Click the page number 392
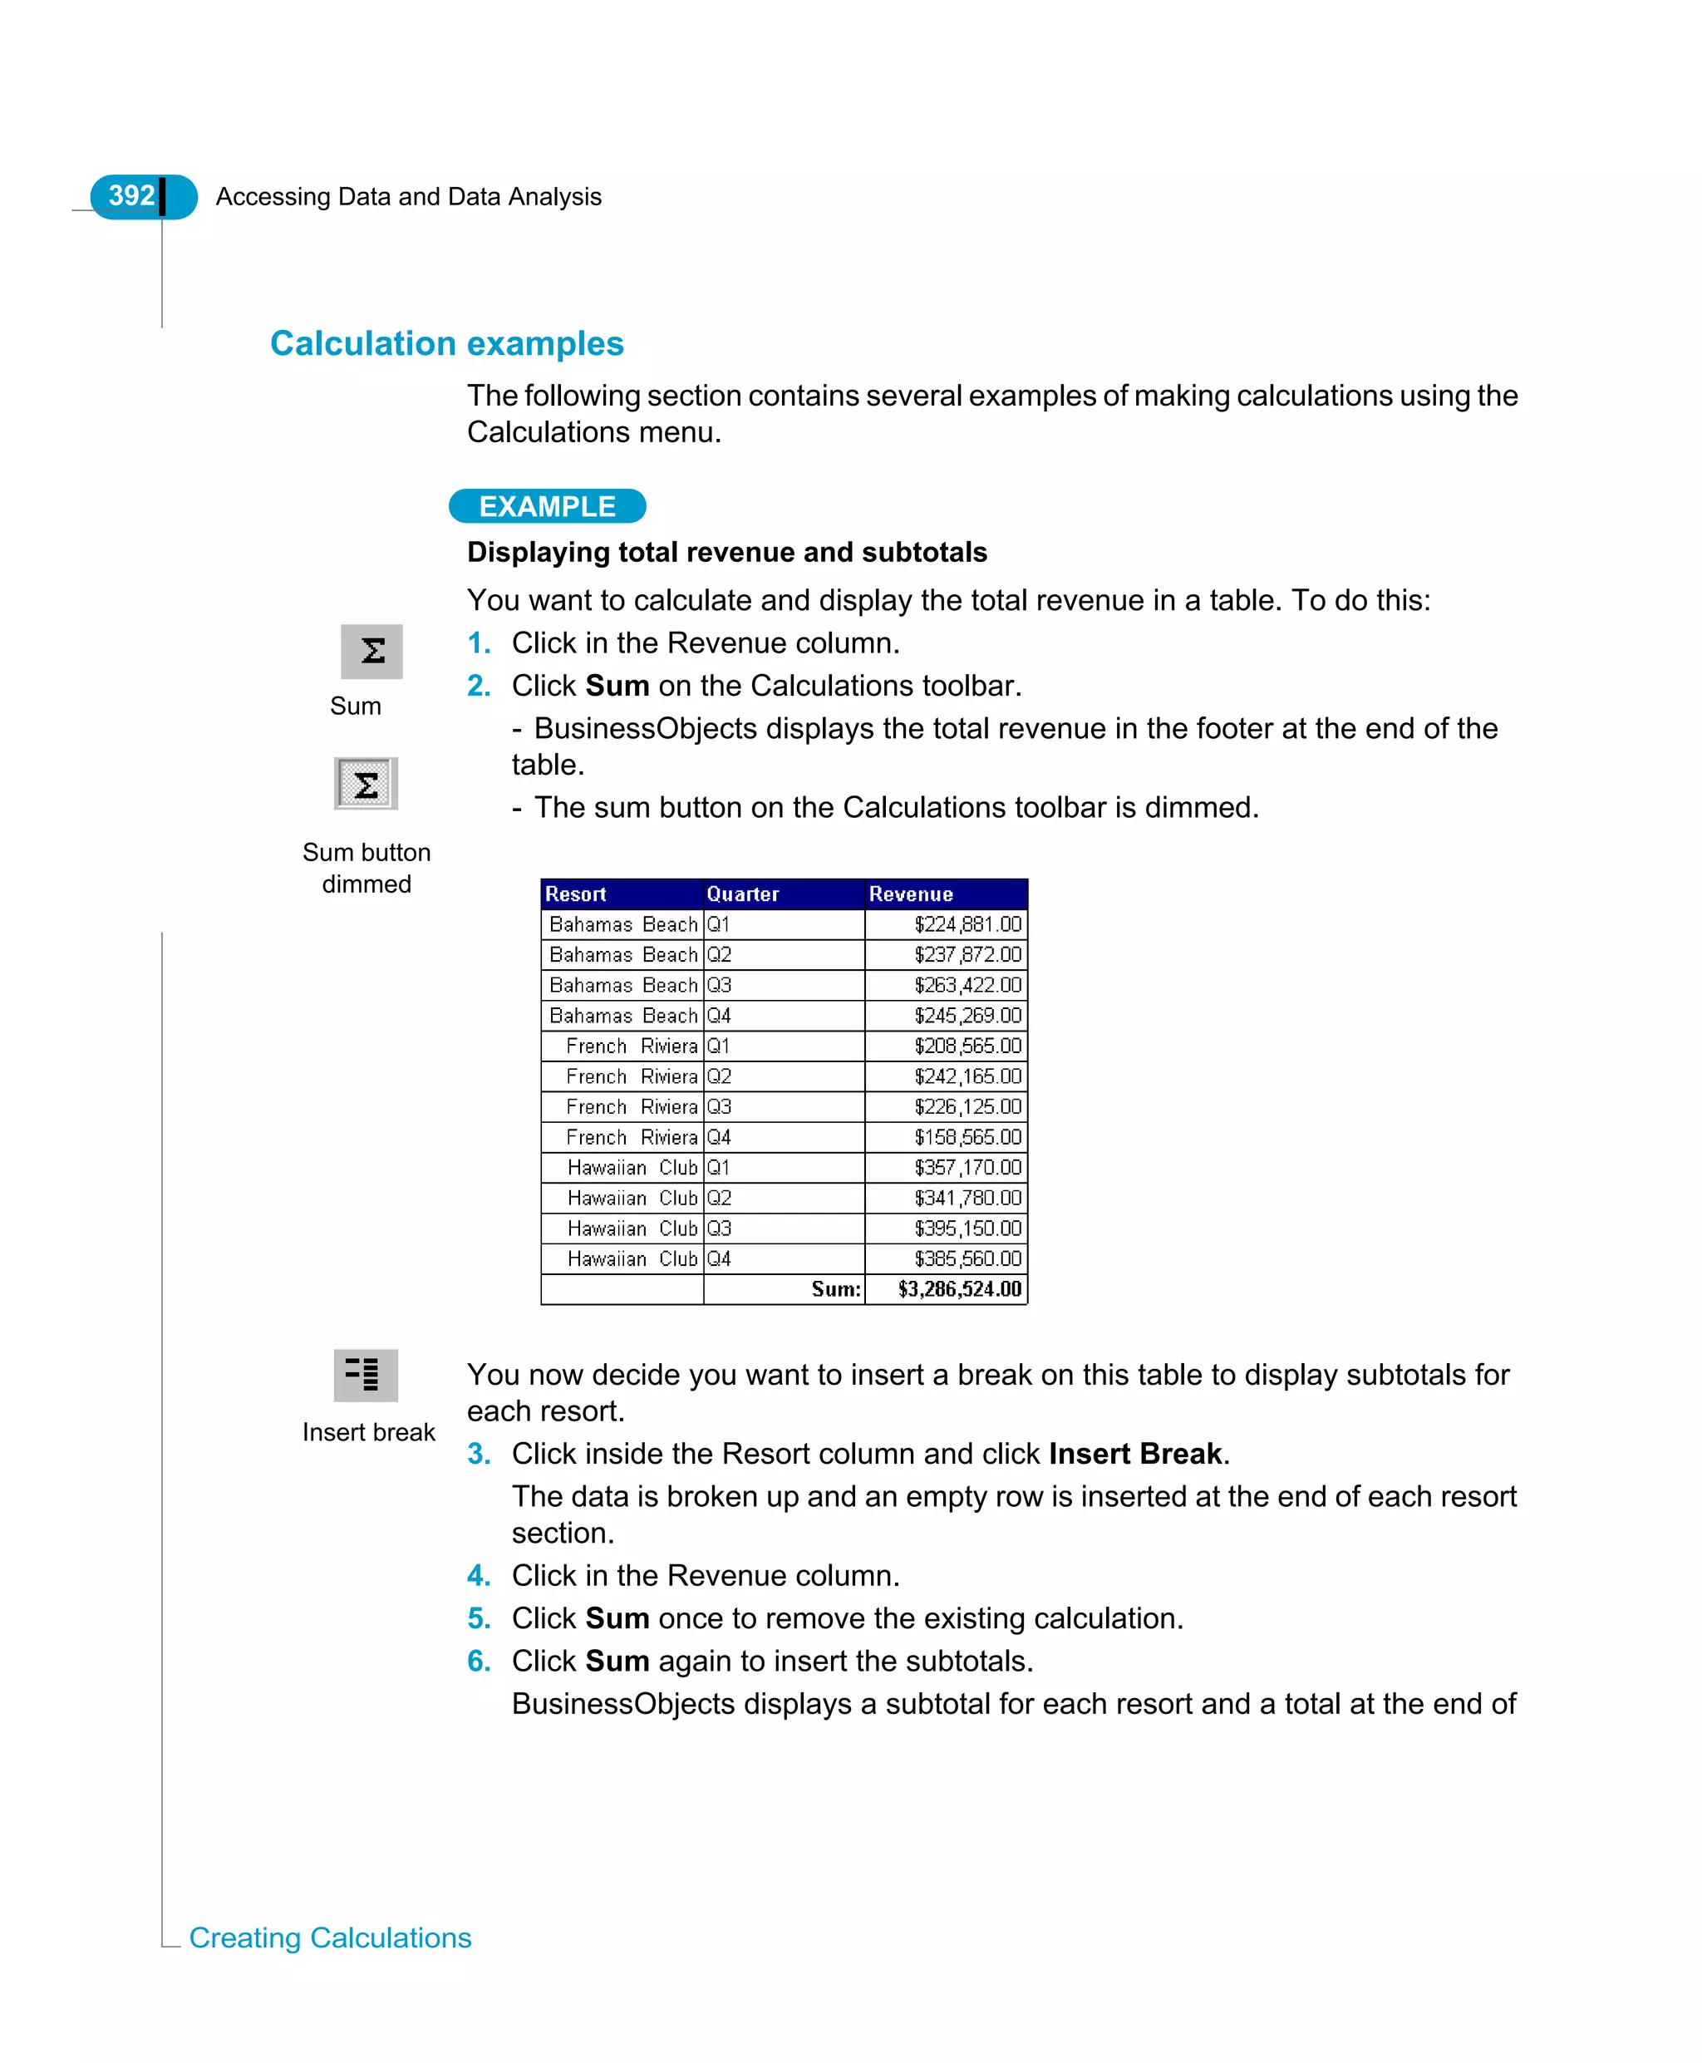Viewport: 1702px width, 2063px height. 131,196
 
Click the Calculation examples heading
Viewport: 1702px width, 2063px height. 446,343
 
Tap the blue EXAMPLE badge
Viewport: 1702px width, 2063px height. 547,506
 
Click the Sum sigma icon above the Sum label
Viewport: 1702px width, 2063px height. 371,651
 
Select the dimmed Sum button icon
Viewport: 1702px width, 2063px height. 366,784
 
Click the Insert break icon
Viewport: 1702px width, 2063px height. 366,1375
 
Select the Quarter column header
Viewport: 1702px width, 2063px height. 742,894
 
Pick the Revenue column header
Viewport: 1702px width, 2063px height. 910,894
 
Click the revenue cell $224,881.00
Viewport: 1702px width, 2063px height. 967,924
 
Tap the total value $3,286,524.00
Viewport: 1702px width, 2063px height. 959,1289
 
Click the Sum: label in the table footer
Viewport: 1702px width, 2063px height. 835,1289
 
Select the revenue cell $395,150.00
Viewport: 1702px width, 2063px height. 967,1228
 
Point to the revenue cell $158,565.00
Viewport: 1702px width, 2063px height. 967,1137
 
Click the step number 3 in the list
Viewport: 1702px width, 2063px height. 478,1453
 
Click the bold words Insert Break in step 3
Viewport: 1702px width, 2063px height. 1134,1453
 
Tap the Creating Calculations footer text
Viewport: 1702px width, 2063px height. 331,1937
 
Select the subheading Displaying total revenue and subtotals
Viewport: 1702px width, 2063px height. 726,552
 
